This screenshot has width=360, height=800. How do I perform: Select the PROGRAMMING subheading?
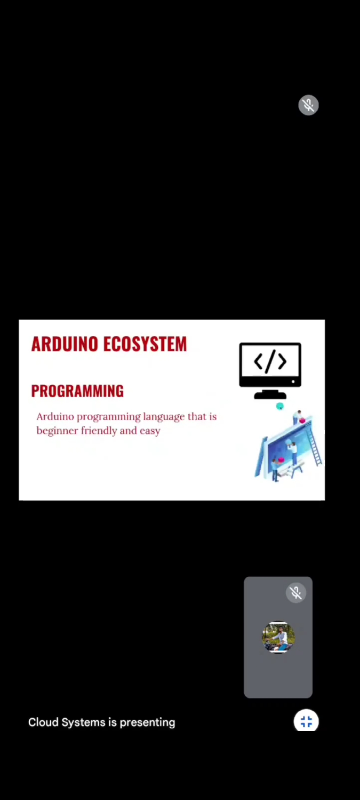(77, 391)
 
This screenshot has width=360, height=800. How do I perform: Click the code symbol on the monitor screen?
(270, 361)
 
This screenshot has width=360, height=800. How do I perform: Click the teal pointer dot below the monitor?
(280, 406)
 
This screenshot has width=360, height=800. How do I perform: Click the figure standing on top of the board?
(297, 417)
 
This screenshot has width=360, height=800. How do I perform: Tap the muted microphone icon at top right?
(308, 105)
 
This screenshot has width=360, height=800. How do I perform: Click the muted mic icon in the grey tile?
(296, 593)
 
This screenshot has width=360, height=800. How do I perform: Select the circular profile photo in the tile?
(278, 637)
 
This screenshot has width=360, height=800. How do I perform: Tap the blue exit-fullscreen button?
(306, 722)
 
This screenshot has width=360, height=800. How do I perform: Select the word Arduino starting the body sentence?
(55, 417)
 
